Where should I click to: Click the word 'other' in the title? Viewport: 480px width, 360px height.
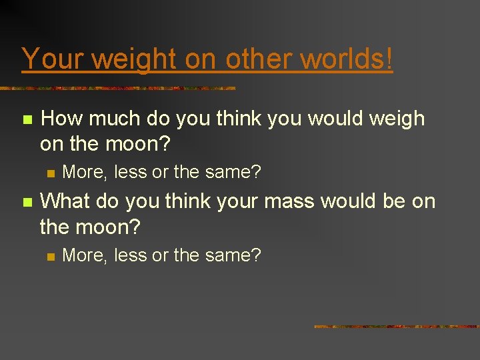tap(259, 59)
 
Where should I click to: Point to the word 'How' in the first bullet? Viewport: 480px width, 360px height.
tap(62, 119)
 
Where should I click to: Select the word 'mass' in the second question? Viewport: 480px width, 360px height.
tap(295, 201)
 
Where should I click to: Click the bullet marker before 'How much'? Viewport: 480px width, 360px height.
tap(27, 120)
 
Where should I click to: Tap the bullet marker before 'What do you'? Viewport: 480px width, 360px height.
tap(27, 202)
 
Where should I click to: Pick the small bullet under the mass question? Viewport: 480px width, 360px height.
tap(49, 255)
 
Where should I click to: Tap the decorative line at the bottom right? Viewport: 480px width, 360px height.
tap(396, 327)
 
